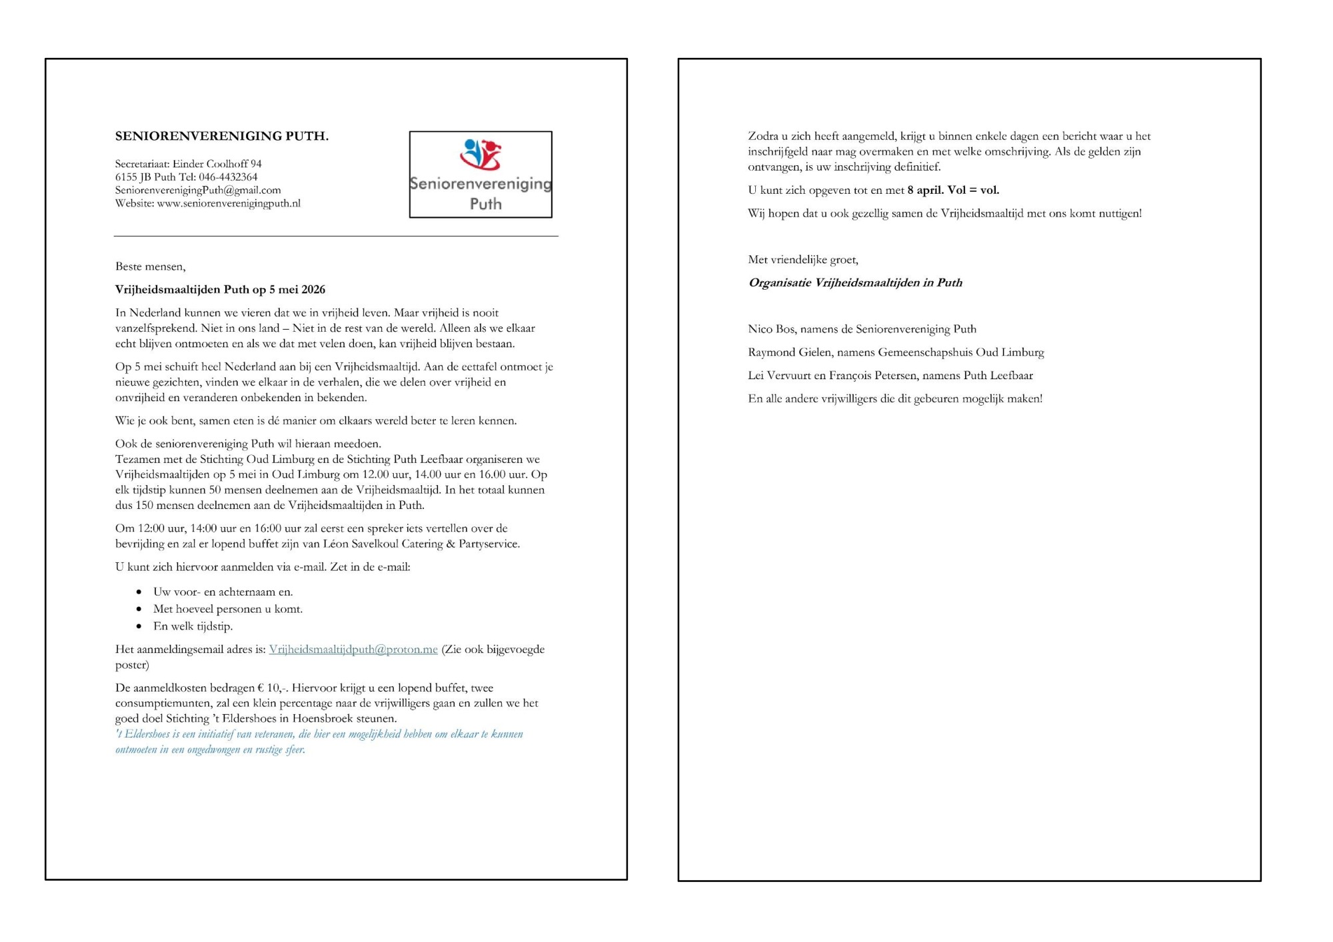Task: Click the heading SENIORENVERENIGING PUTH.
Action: [221, 136]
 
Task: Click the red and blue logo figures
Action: [480, 154]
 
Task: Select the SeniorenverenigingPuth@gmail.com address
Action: [198, 190]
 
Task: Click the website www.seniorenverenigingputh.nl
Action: [229, 203]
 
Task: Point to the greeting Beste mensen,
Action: [150, 266]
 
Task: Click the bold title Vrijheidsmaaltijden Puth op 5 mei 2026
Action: [220, 290]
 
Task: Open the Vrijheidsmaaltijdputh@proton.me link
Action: [353, 650]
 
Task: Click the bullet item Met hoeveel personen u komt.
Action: [228, 609]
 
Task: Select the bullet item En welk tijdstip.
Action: [193, 626]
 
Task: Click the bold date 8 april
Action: [925, 191]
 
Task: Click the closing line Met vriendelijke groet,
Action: [802, 260]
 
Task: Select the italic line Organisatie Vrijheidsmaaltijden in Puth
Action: [855, 282]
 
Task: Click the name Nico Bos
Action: [770, 329]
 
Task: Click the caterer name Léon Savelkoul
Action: [361, 544]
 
